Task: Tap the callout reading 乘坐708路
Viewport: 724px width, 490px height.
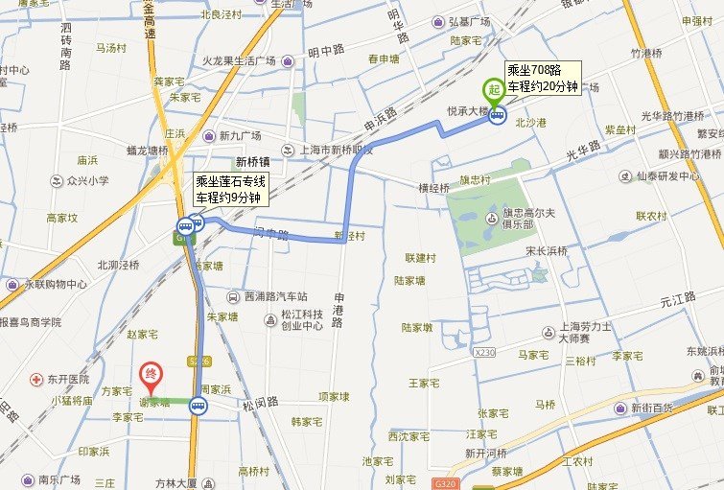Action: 543,78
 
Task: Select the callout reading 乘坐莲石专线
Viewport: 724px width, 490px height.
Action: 231,189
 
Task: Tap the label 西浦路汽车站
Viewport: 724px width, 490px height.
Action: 274,297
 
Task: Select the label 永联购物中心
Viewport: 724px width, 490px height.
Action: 56,285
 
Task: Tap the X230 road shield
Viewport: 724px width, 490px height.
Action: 484,353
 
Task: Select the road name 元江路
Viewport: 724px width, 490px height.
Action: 676,301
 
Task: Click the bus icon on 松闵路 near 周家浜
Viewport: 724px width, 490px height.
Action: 198,406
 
